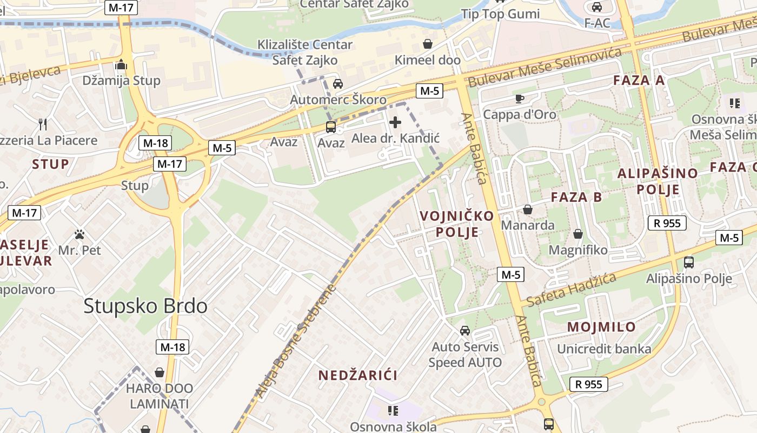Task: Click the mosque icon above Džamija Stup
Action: point(121,65)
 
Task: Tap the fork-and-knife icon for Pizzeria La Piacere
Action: point(43,124)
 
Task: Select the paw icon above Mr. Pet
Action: point(79,235)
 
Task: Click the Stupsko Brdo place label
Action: point(145,306)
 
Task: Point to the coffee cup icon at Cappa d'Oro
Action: point(519,99)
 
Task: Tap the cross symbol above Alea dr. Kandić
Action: point(395,122)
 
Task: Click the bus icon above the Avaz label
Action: point(330,127)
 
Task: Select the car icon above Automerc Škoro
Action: point(338,84)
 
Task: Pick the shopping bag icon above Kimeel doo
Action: point(427,44)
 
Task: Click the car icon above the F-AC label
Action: point(597,7)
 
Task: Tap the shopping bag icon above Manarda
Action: point(528,209)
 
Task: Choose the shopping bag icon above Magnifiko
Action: point(577,234)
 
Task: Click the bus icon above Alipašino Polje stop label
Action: point(688,263)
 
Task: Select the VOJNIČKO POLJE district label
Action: point(457,224)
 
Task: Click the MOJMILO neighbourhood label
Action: point(601,327)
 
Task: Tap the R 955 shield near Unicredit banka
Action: point(588,384)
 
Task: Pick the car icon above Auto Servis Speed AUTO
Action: point(464,331)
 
